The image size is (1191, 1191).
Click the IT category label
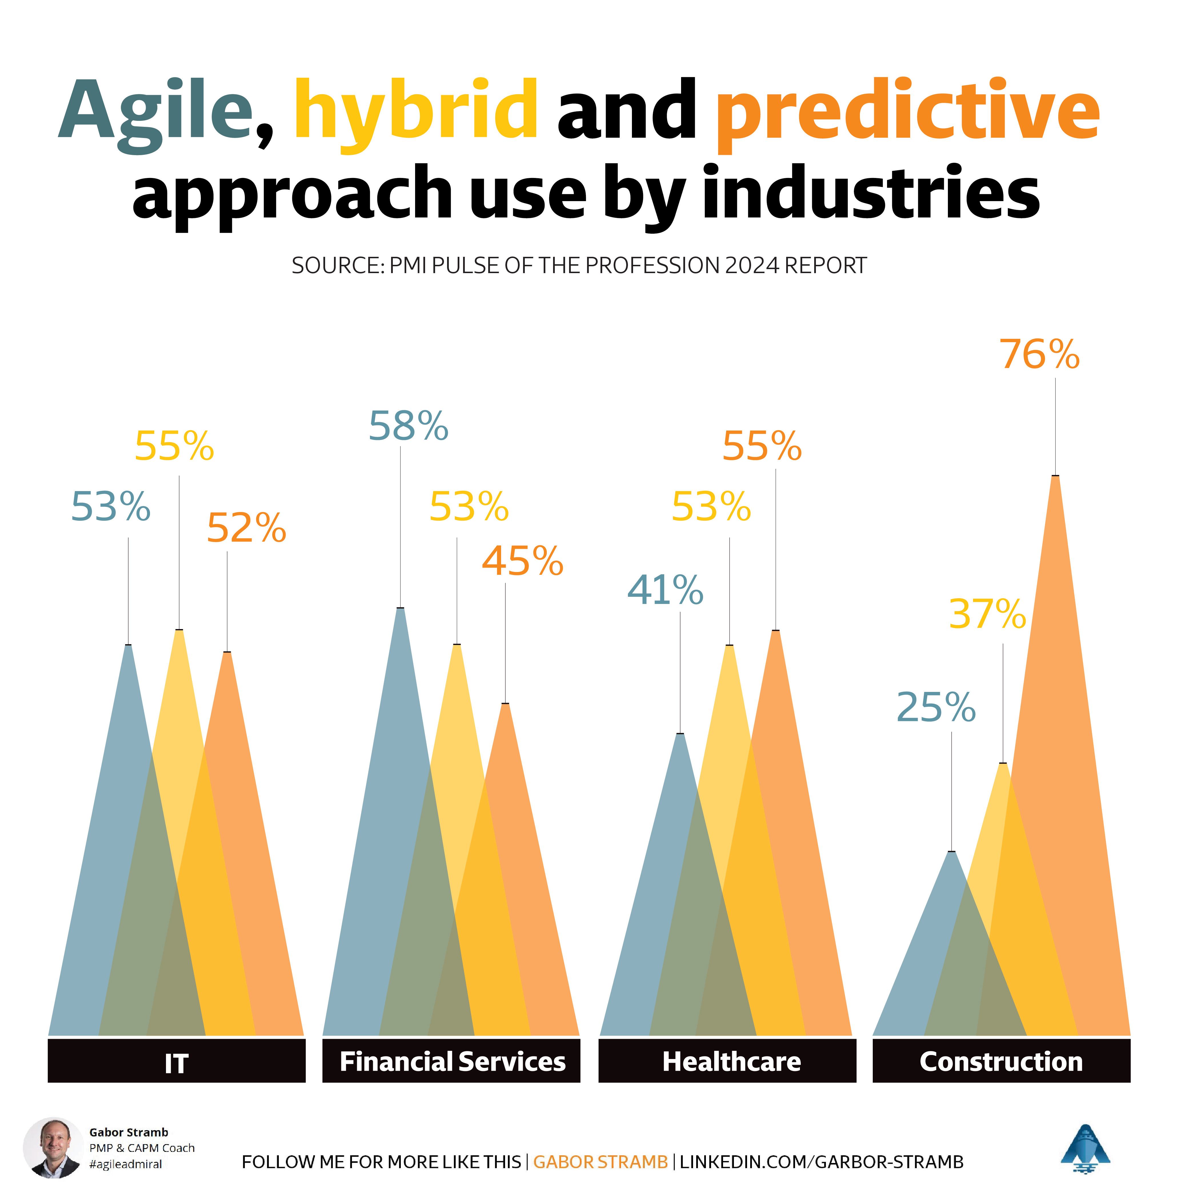[x=176, y=1063]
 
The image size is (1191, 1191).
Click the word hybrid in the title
[x=415, y=111]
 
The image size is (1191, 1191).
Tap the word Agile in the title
[x=157, y=111]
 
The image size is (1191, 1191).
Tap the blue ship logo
[x=1085, y=1148]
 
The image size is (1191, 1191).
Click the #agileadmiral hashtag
[x=126, y=1164]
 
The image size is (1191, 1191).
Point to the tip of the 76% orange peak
[x=1055, y=477]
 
